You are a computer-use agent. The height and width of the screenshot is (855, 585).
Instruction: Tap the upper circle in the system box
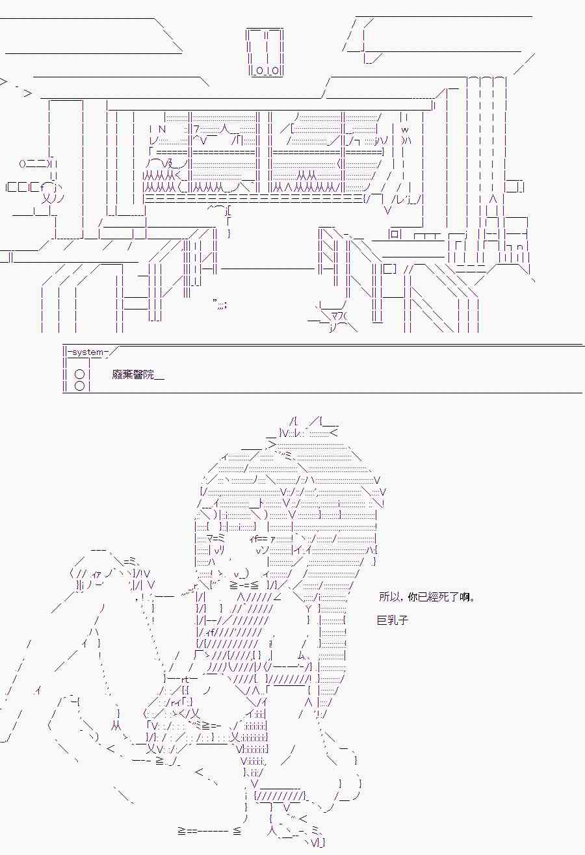(x=79, y=375)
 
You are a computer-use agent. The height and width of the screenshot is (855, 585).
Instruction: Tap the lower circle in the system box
(x=79, y=386)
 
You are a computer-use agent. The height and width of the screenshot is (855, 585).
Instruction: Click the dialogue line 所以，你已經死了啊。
(x=426, y=597)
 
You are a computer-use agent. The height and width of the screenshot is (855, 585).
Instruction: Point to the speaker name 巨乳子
(x=393, y=620)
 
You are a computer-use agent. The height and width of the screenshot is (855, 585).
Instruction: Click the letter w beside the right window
(x=404, y=129)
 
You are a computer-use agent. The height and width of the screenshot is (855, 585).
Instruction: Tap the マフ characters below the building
(x=337, y=316)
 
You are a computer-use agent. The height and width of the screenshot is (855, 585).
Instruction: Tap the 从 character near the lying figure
(x=116, y=724)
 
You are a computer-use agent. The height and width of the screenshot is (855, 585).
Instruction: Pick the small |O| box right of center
(x=396, y=234)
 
